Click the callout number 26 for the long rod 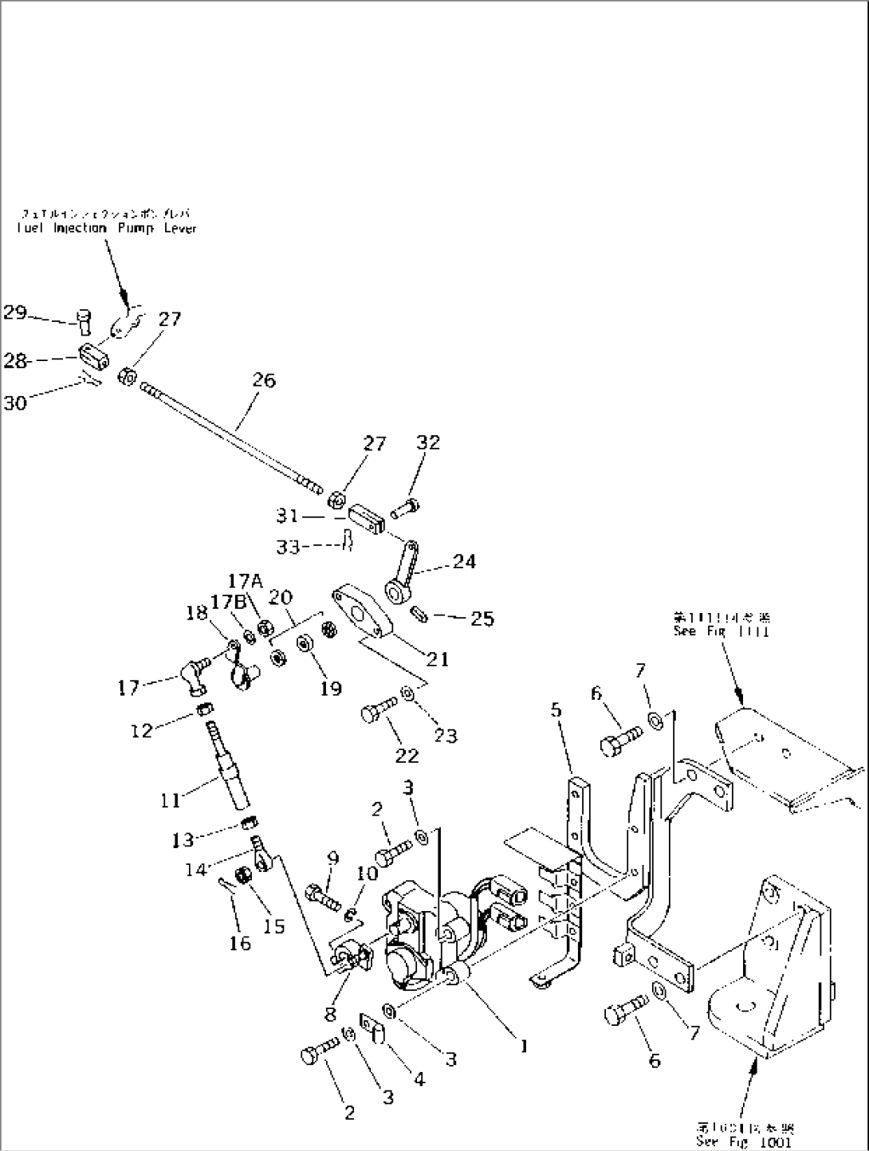tap(263, 380)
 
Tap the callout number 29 tap(14, 312)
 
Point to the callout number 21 tap(437, 658)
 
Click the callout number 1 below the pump tap(524, 1047)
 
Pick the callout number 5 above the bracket tap(556, 709)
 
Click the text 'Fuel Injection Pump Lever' tap(105, 228)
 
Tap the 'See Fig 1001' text tap(744, 1142)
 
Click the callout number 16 tap(239, 944)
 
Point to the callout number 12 tap(141, 729)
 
